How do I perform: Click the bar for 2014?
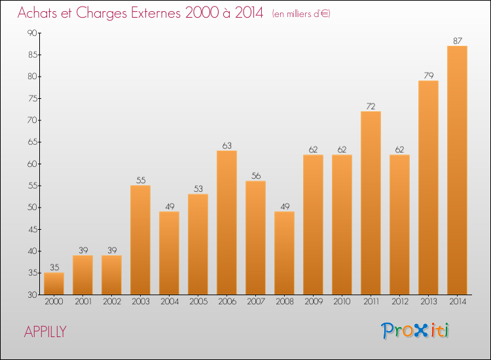[x=457, y=170]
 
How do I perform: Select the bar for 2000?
[x=54, y=283]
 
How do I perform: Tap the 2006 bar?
[x=227, y=223]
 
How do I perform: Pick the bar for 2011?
[x=371, y=203]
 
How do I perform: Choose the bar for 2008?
[x=284, y=253]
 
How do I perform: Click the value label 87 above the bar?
[x=457, y=41]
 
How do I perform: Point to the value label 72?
[x=371, y=106]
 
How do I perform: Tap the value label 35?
[x=54, y=267]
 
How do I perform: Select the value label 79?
[x=428, y=75]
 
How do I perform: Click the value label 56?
[x=255, y=175]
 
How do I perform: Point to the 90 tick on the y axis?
[x=31, y=33]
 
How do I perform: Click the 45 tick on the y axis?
[x=31, y=229]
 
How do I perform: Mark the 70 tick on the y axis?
[x=31, y=120]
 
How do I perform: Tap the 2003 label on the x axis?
[x=140, y=301]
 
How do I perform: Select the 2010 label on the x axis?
[x=342, y=301]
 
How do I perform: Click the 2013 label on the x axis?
[x=428, y=301]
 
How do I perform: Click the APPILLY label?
[x=45, y=332]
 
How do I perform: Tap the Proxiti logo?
[x=415, y=331]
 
